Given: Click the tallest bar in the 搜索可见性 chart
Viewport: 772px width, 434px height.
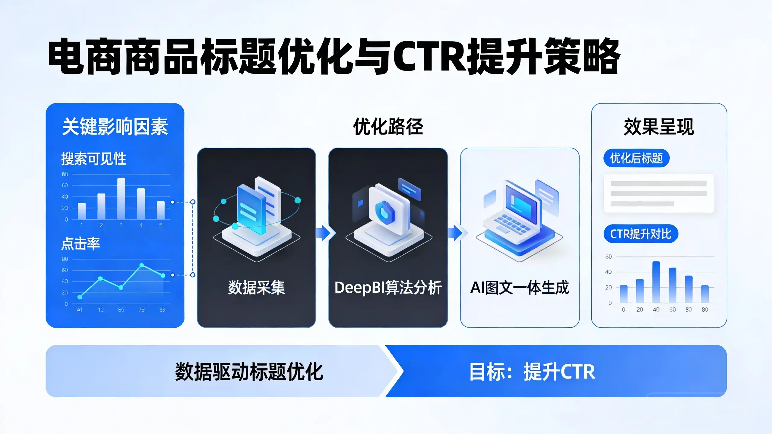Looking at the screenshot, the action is point(121,198).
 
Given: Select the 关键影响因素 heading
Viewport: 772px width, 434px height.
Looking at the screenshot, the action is point(115,127).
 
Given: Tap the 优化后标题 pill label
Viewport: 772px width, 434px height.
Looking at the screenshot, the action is point(636,158).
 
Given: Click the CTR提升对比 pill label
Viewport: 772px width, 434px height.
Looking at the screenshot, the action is point(641,234).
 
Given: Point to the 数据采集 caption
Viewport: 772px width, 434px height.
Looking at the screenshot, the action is point(256,288).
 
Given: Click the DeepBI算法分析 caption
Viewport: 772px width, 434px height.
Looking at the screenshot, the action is point(388,288).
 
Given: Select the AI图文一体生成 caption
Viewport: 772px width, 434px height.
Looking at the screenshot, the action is point(520,288).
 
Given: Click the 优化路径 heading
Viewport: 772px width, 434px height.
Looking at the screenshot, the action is point(388,127).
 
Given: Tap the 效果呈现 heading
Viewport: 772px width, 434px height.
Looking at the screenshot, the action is point(659,127).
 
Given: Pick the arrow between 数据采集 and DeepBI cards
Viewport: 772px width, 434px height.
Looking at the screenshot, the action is point(325,233).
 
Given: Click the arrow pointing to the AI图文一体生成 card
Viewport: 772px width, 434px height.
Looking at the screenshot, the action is point(457,233).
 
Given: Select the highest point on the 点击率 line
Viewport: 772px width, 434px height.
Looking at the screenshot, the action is point(142,265).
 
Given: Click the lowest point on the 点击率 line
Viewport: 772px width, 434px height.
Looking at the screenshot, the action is point(80,297).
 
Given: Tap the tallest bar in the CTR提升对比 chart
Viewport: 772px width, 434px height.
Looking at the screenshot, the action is point(656,282).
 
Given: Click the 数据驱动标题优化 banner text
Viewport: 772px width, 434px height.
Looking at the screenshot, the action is point(249,372).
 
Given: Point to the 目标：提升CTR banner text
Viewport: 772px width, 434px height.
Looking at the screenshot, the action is point(532,372).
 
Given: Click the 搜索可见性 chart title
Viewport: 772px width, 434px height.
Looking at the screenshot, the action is point(93,159).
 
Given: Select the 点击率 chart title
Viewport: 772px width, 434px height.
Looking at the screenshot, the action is point(81,244).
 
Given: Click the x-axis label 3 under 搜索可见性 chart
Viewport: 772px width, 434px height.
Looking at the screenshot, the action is point(121,225).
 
